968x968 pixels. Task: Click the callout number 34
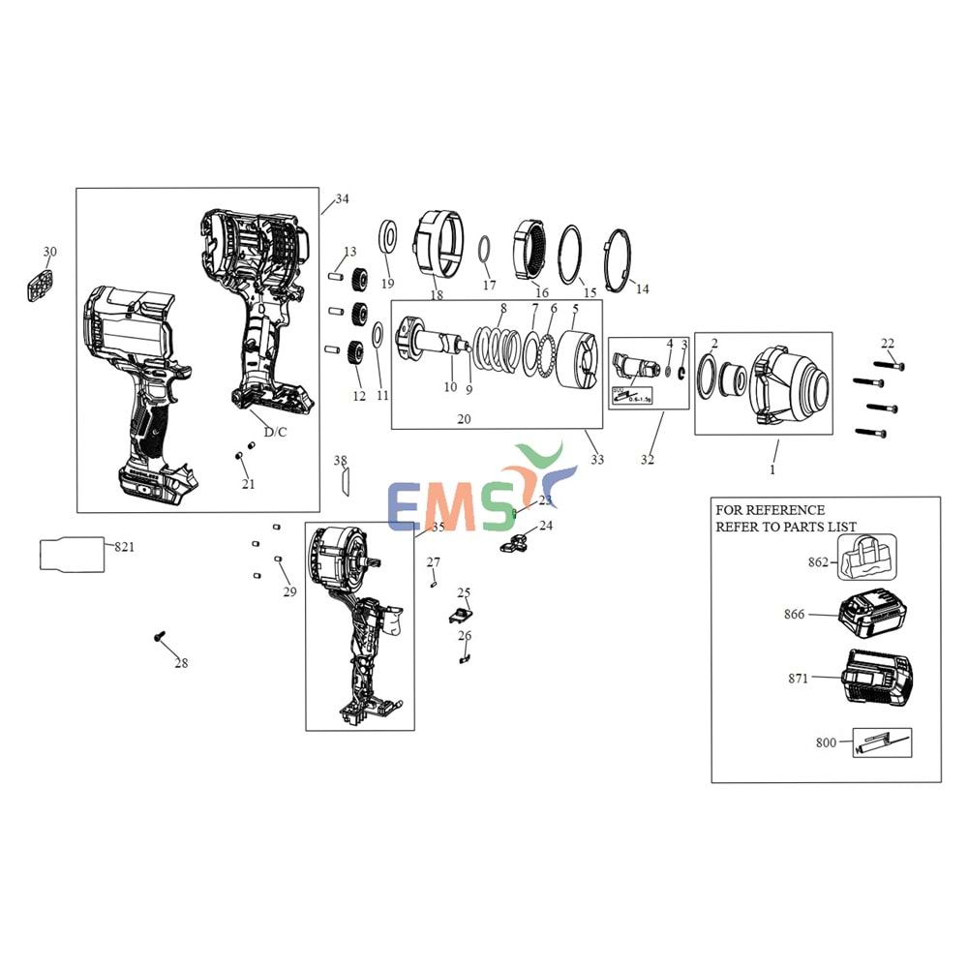click(342, 199)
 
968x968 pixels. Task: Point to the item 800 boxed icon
click(881, 742)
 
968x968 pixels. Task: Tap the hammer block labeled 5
click(581, 359)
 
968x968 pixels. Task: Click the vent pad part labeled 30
click(40, 286)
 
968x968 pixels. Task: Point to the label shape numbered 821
click(71, 554)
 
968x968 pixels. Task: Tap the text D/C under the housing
click(269, 432)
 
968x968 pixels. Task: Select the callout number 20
click(464, 419)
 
